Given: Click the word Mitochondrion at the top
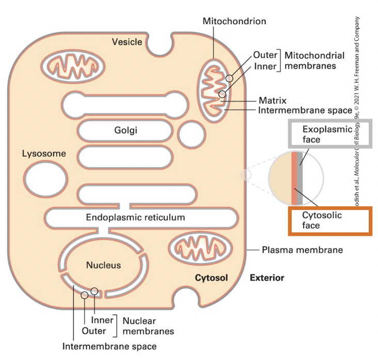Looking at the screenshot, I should click(234, 21).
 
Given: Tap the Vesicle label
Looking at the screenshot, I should click(127, 41).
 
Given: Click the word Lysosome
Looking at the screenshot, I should click(44, 154).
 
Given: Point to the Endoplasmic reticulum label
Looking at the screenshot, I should click(135, 217).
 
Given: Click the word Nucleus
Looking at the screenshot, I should click(103, 265).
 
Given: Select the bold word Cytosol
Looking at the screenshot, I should click(211, 278).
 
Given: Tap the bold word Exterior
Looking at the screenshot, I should click(267, 278).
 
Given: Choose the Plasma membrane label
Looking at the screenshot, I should click(303, 250).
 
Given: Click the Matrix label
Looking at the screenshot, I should click(272, 101).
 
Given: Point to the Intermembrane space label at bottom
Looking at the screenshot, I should click(109, 346).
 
